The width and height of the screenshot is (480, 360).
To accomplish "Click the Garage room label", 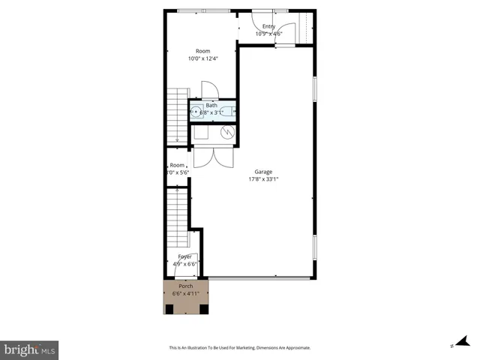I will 262,171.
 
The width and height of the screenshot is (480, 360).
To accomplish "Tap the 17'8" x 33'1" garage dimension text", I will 262,178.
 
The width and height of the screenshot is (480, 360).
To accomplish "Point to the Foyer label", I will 184,256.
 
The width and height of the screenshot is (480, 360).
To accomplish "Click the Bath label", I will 211,106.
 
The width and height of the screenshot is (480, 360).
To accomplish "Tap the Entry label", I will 268,27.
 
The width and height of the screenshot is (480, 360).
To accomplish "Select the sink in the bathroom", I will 196,113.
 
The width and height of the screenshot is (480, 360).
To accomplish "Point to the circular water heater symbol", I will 228,132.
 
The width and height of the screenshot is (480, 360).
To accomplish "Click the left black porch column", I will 169,308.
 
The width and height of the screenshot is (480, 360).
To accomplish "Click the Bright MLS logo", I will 29,349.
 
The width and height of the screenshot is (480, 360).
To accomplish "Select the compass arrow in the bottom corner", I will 460,343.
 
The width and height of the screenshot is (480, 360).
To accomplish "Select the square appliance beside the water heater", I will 202,133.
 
